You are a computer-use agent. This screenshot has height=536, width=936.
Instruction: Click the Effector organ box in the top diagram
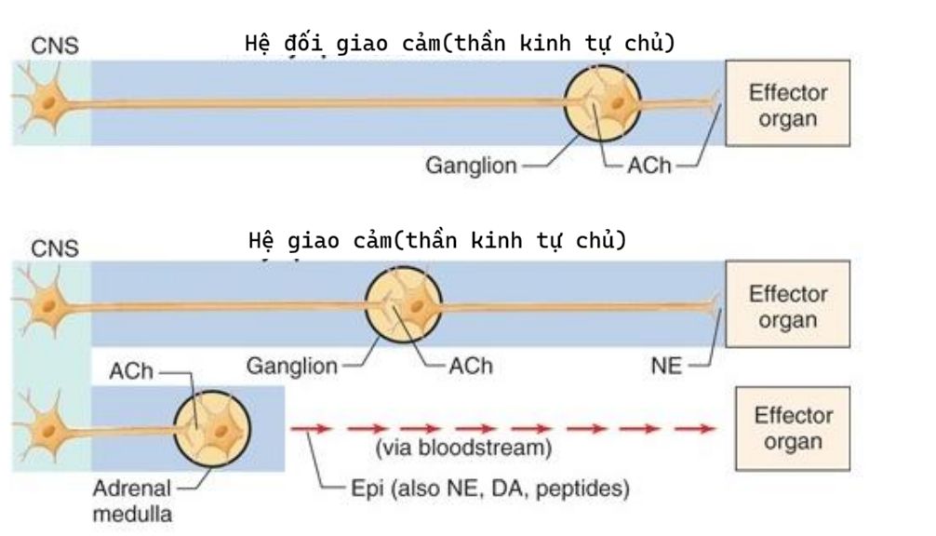788,103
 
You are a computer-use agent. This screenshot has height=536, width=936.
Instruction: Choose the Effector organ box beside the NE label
788,306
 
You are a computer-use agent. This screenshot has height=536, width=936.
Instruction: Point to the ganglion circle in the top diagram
605,104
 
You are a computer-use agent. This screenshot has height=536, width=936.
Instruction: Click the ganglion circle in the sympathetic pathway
401,304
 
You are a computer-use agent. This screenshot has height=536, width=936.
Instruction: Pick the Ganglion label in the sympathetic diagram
292,366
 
